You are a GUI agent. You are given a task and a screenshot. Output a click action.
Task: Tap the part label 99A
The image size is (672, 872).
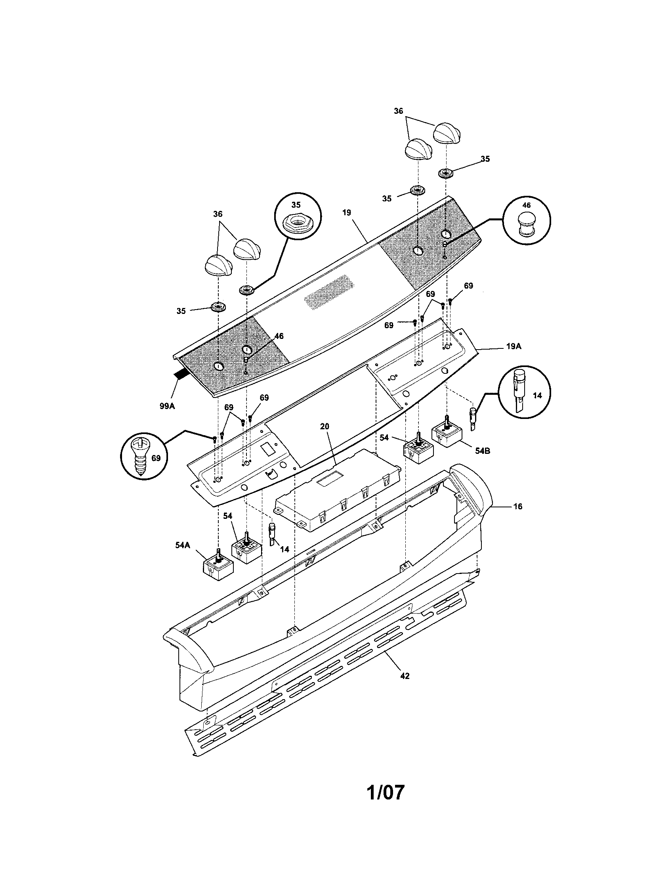tap(168, 406)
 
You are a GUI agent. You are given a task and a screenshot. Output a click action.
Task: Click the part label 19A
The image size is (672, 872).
tap(514, 346)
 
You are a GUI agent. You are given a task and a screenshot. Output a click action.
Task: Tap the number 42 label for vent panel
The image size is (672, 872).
tap(404, 676)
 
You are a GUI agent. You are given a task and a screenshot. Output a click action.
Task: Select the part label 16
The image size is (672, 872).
tap(517, 506)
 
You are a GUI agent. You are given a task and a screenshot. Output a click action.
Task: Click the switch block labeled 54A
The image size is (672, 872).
tap(218, 567)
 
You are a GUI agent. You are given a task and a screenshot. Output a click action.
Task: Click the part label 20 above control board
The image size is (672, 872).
tap(325, 426)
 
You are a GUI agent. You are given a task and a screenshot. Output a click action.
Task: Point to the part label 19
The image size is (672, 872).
tap(346, 212)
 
